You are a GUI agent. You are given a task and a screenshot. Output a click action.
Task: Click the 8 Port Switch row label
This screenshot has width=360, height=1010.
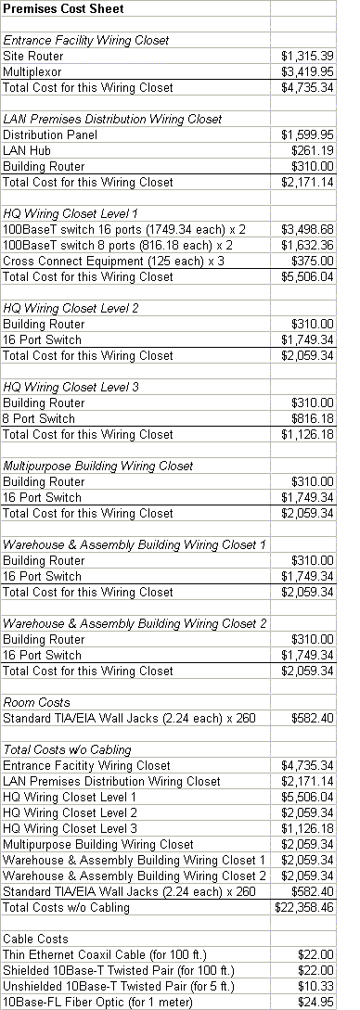click(x=42, y=418)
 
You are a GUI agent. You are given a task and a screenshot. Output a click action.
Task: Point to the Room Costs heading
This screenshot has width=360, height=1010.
click(x=36, y=702)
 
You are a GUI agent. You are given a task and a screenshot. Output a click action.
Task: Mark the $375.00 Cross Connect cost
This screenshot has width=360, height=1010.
click(x=313, y=261)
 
